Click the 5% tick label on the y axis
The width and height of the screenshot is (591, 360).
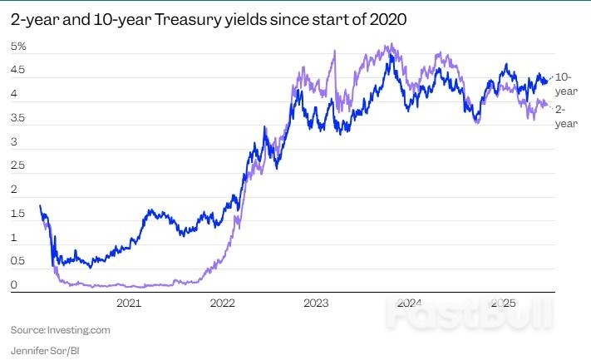(x=17, y=47)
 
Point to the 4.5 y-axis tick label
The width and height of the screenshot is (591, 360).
(x=17, y=71)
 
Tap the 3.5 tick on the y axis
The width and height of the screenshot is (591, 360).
(x=17, y=118)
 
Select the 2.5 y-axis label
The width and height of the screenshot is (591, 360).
(x=17, y=166)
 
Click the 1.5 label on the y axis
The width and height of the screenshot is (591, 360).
(x=17, y=214)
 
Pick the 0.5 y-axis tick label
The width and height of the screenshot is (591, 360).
(x=17, y=262)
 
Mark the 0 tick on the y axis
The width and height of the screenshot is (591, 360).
(x=13, y=285)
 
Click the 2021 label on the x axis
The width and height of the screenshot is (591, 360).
(x=130, y=304)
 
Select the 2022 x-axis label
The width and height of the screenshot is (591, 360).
(x=223, y=304)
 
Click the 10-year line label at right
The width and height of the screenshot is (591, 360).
(x=566, y=84)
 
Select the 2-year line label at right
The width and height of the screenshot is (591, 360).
(x=566, y=116)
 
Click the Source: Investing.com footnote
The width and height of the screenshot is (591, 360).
(x=60, y=330)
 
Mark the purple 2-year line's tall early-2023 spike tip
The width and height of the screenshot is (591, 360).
(x=334, y=51)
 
